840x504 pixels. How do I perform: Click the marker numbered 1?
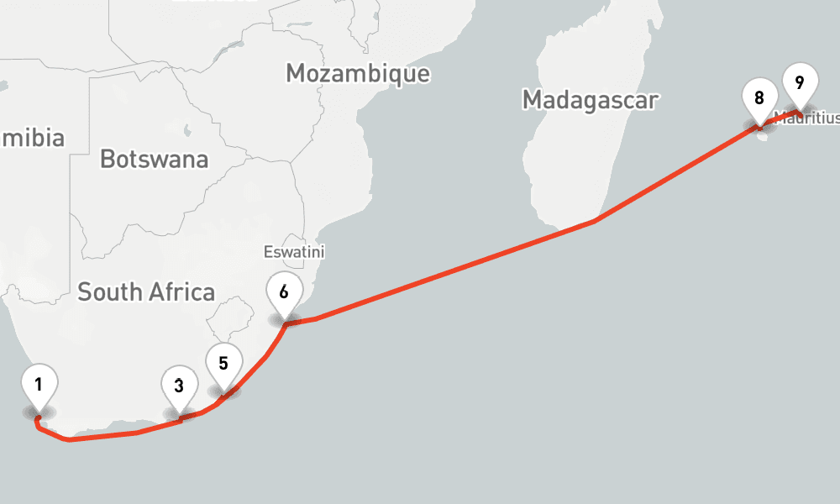click(39, 386)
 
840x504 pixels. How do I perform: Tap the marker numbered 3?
click(179, 387)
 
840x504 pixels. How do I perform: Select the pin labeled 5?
click(223, 365)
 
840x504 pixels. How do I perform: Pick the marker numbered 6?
click(284, 292)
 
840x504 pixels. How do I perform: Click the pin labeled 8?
click(759, 98)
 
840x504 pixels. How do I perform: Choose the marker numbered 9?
click(799, 83)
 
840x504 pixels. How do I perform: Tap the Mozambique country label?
click(358, 73)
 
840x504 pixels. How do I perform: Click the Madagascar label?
click(590, 100)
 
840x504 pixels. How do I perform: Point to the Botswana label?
click(154, 159)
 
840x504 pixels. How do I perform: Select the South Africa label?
click(146, 292)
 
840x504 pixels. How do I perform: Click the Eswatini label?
click(293, 252)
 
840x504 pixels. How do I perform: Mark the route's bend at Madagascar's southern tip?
click(595, 221)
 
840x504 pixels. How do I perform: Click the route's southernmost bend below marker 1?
click(69, 439)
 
